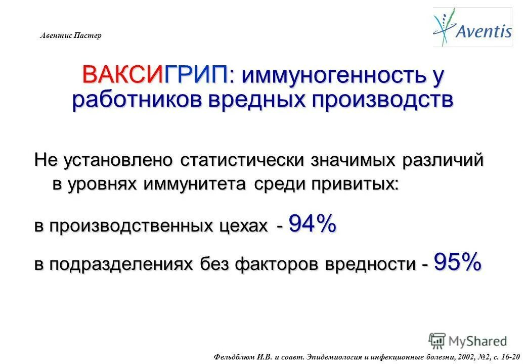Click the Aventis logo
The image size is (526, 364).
pyautogui.click(x=472, y=27)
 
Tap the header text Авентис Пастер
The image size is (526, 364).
pyautogui.click(x=71, y=36)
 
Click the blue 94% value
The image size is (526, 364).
pyautogui.click(x=312, y=223)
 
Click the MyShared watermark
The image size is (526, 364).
pyautogui.click(x=467, y=340)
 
